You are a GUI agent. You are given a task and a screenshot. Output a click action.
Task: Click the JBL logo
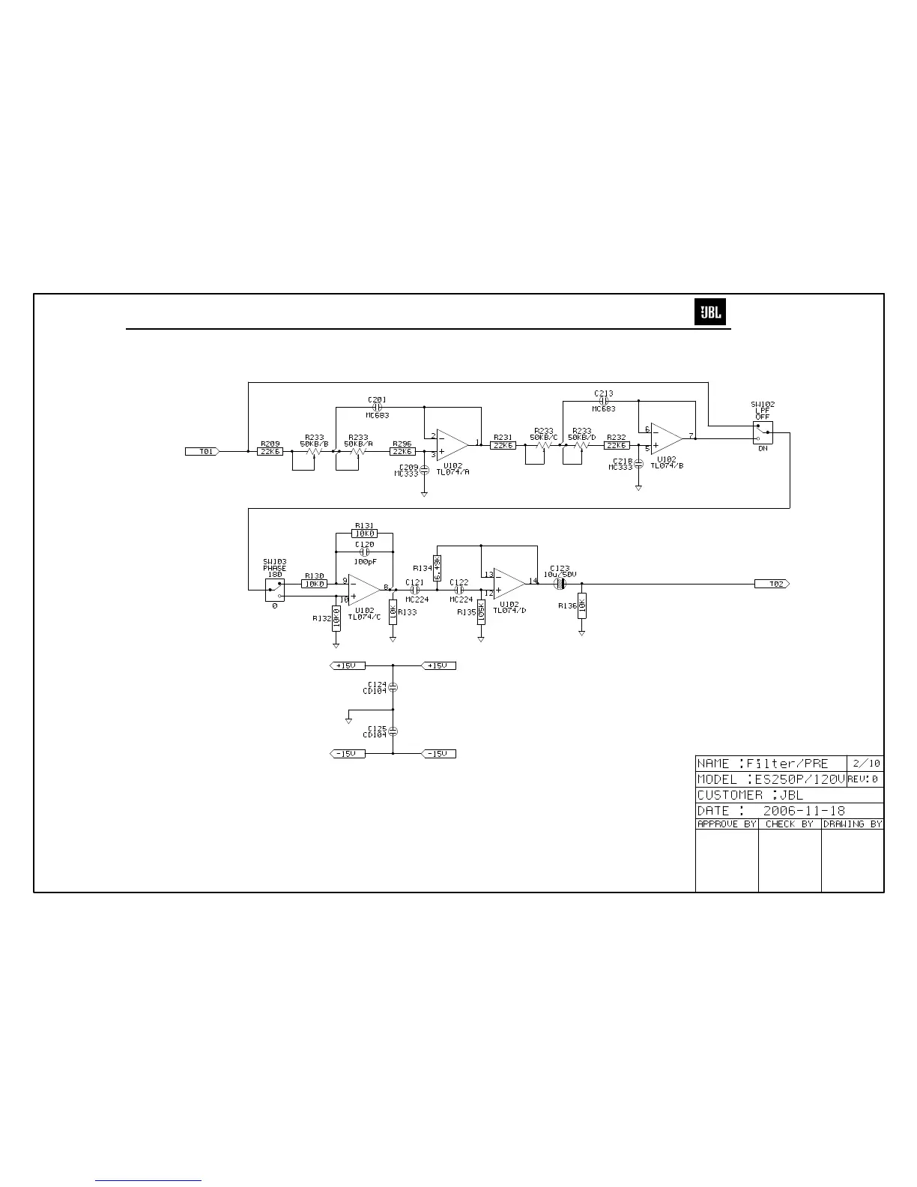coord(710,312)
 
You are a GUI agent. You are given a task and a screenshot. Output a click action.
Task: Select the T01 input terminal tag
coord(202,451)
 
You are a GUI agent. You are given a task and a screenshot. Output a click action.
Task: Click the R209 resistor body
coord(270,451)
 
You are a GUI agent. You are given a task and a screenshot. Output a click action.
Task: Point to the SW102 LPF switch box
coord(763,432)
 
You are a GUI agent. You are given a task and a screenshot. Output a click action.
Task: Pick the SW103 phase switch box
coord(275,590)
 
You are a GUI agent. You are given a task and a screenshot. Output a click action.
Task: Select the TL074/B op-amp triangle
coord(666,438)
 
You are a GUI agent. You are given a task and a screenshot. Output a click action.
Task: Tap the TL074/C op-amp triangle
coord(365,590)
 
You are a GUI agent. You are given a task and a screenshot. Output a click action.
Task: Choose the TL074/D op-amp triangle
coord(509,584)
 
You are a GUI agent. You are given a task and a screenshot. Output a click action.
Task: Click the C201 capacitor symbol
coord(377,408)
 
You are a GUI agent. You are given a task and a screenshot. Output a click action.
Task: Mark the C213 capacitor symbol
coord(604,400)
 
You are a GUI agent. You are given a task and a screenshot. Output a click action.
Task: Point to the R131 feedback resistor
coord(365,534)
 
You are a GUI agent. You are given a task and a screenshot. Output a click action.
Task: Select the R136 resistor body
coord(581,605)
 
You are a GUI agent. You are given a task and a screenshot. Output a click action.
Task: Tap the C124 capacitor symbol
coord(393,687)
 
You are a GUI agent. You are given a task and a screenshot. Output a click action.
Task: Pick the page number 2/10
coord(865,764)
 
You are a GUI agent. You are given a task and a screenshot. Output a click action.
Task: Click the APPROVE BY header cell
coord(727,824)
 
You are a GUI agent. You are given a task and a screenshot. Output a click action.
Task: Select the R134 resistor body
coord(437,567)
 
